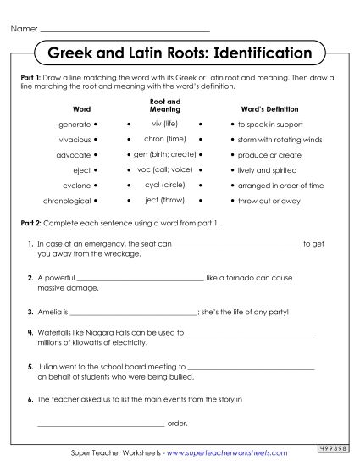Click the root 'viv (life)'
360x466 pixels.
164,124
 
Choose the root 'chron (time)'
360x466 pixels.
164,139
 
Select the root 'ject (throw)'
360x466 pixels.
164,200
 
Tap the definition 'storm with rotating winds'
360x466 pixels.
280,140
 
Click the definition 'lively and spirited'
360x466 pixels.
267,170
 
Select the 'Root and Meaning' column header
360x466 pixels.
164,105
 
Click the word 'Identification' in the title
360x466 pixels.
263,53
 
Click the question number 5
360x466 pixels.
30,368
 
